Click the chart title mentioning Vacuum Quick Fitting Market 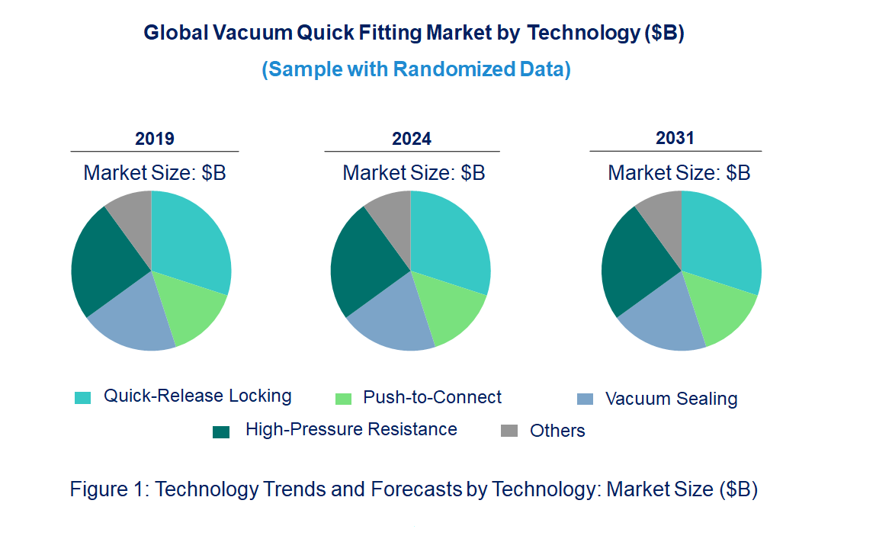tap(414, 33)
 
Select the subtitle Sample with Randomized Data tap(416, 69)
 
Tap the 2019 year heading tap(155, 139)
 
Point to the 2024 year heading tap(412, 139)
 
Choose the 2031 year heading tap(675, 138)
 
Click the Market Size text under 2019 tap(155, 173)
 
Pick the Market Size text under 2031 tap(679, 173)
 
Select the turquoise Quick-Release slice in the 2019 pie tap(191, 240)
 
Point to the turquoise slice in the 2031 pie tap(720, 240)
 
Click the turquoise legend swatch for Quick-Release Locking tap(82, 398)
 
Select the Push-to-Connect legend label tap(432, 397)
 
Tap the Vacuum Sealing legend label tap(671, 399)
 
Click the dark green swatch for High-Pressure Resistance tap(221, 432)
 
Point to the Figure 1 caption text tap(413, 489)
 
